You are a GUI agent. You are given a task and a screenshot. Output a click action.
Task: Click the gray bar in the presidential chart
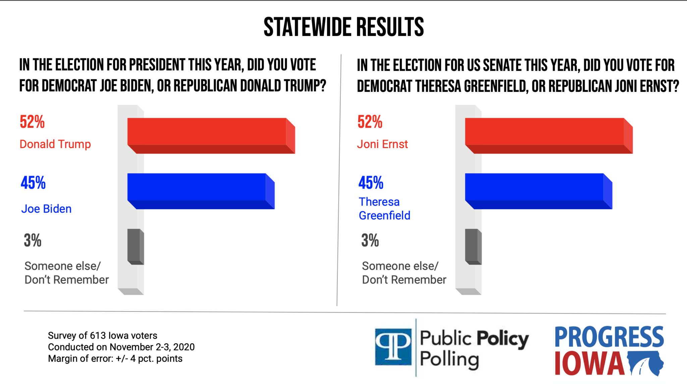pyautogui.click(x=135, y=246)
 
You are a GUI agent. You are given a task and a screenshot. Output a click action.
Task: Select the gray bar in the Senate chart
pyautogui.click(x=473, y=246)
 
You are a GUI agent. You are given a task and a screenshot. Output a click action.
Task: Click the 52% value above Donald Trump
pyautogui.click(x=32, y=122)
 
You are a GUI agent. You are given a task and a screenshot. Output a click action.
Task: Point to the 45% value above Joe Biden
pyautogui.click(x=33, y=183)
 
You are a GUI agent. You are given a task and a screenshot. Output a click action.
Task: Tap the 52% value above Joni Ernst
pyautogui.click(x=370, y=122)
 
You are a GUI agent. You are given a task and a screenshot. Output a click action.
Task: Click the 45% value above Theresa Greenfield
pyautogui.click(x=371, y=183)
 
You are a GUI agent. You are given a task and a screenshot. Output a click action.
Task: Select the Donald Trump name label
pyautogui.click(x=55, y=144)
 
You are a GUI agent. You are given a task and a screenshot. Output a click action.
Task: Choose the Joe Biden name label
pyautogui.click(x=46, y=209)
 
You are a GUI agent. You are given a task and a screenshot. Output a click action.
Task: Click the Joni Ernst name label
pyautogui.click(x=382, y=144)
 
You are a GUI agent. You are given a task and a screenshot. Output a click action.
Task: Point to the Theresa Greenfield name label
pyautogui.click(x=384, y=208)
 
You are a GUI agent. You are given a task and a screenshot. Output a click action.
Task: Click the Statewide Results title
pyautogui.click(x=343, y=27)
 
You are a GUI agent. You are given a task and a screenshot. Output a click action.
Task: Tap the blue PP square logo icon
pyautogui.click(x=393, y=347)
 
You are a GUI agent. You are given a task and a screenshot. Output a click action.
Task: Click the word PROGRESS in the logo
pyautogui.click(x=609, y=337)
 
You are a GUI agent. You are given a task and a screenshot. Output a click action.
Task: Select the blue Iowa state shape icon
pyautogui.click(x=645, y=363)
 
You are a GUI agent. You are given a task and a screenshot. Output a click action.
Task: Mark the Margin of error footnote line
pyautogui.click(x=115, y=358)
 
